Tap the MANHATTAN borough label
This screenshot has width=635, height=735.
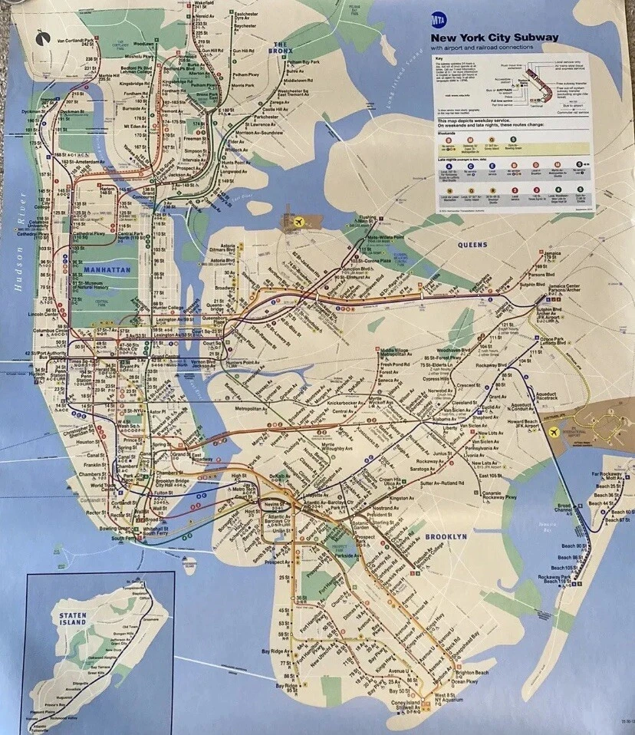click(107, 271)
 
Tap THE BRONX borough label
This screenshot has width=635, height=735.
click(281, 48)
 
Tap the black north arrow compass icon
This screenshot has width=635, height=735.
click(40, 34)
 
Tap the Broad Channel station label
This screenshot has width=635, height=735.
click(564, 508)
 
